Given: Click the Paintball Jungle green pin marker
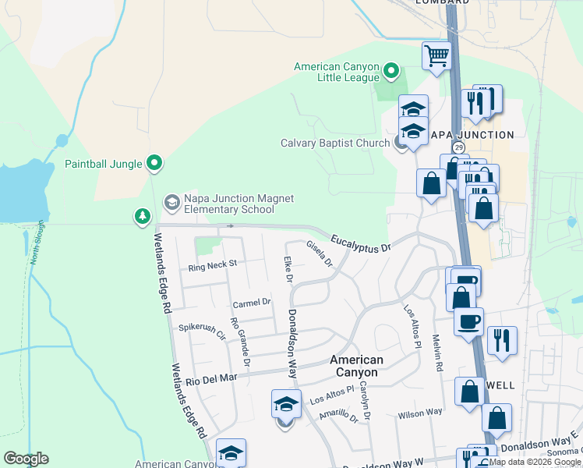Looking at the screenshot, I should tap(155, 163).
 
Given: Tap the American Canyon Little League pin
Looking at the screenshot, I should tap(392, 73).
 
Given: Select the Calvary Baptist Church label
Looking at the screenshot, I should tap(335, 143).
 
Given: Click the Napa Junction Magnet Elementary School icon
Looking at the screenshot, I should tap(171, 204).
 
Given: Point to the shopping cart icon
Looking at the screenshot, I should tap(436, 56).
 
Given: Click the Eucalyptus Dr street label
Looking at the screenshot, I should tap(359, 243).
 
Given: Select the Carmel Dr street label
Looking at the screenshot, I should tap(251, 302).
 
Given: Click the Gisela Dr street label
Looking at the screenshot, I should tap(320, 253).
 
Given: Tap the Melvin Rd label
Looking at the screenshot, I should tap(437, 353).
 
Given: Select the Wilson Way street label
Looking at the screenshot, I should tap(419, 412).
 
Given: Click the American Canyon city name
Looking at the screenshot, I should tap(356, 366).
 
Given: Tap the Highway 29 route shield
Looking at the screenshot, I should tap(459, 147).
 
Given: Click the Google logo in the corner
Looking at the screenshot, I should tap(26, 459).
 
